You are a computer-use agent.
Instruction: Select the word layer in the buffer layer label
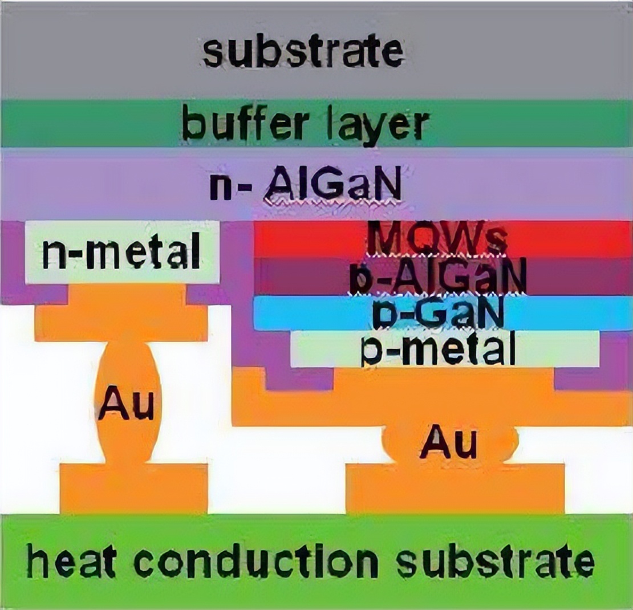pos(381,125)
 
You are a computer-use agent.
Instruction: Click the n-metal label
pos(121,253)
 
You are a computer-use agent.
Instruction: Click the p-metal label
pos(438,349)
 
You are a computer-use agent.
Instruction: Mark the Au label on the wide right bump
pos(448,443)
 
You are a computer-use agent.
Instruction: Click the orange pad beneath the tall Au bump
pos(133,489)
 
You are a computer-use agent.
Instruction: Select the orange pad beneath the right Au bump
pos(455,489)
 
